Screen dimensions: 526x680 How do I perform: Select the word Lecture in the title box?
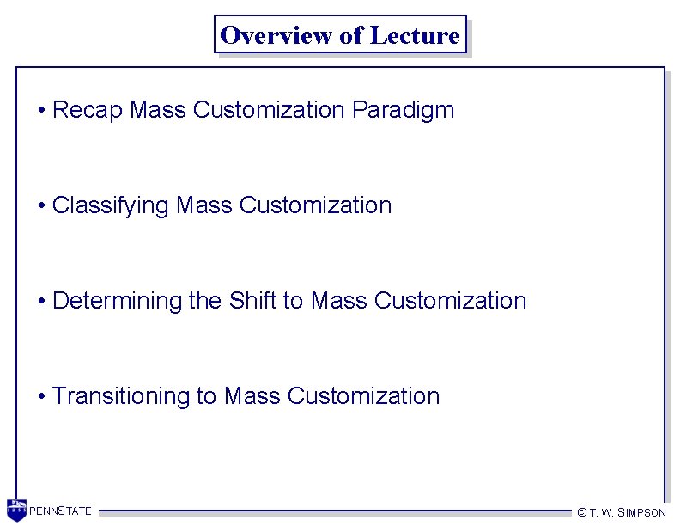[415, 35]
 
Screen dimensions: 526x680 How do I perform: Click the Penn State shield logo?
[16, 511]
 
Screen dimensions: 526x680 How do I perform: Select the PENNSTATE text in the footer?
[61, 511]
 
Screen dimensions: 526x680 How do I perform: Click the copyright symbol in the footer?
[581, 512]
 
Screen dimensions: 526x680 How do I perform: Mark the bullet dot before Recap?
[41, 111]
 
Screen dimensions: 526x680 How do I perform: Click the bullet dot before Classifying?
[41, 206]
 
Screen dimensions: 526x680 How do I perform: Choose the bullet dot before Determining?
[41, 302]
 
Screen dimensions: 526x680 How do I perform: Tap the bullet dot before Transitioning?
[41, 397]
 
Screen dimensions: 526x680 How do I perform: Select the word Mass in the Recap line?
[159, 110]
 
